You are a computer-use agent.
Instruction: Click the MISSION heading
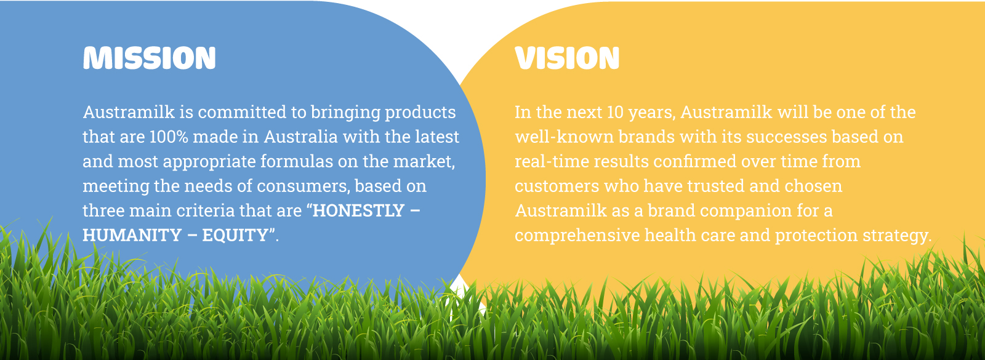click(150, 58)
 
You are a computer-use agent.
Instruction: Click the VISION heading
click(567, 58)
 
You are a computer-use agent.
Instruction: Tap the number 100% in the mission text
click(169, 137)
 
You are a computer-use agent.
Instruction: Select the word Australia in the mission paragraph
click(300, 137)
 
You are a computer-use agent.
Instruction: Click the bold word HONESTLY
click(358, 210)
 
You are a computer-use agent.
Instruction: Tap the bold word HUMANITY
click(132, 235)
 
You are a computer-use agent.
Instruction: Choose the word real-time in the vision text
click(552, 161)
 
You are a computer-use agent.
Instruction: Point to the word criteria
click(205, 210)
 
